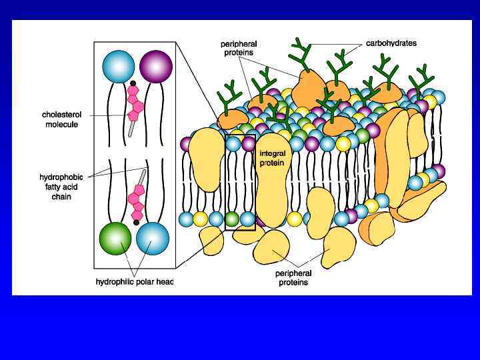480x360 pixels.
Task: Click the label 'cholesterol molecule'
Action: (60, 119)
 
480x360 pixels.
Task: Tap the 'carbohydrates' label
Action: (391, 43)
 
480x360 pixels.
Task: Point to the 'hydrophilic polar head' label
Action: (135, 282)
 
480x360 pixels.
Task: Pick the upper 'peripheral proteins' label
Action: (239, 47)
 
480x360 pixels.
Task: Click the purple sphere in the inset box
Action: (156, 66)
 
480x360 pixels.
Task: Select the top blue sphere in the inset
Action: (119, 66)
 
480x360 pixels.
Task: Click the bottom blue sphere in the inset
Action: (153, 239)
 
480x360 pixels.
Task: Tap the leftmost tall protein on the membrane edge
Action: (206, 160)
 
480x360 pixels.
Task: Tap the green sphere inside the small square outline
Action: (232, 219)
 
